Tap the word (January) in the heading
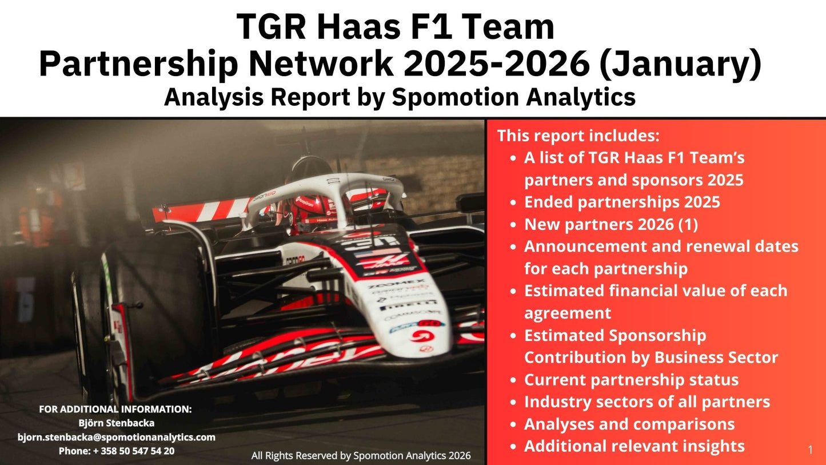(680, 64)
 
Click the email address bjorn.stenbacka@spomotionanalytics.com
(117, 437)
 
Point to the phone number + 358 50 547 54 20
(117, 451)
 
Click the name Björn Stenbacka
(117, 423)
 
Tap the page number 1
(810, 450)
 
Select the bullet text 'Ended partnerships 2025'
(622, 202)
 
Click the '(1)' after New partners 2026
(688, 224)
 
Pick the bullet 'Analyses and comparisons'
(629, 424)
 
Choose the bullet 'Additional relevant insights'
(635, 446)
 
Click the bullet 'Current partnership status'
(631, 380)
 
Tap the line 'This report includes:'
(578, 136)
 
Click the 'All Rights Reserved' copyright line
(361, 455)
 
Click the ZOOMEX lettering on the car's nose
(394, 284)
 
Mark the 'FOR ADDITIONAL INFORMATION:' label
(115, 410)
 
